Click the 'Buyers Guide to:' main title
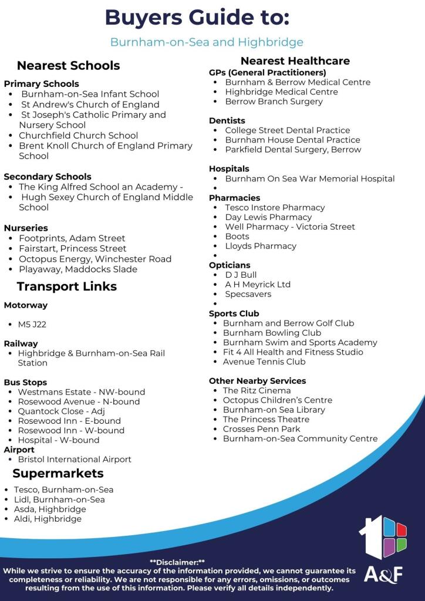pyautogui.click(x=197, y=18)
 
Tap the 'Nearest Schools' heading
pyautogui.click(x=68, y=65)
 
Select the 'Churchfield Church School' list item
pyautogui.click(x=78, y=135)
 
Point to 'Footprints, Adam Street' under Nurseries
pyautogui.click(x=72, y=238)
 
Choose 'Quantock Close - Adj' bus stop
pyautogui.click(x=61, y=411)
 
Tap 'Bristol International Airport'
pyautogui.click(x=75, y=460)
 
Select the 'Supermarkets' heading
pyautogui.click(x=58, y=474)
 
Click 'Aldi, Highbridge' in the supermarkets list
pyautogui.click(x=48, y=519)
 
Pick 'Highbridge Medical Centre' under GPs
pyautogui.click(x=281, y=92)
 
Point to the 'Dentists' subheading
pyautogui.click(x=227, y=120)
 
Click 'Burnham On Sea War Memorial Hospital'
pyautogui.click(x=309, y=178)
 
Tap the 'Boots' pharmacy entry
pyautogui.click(x=237, y=237)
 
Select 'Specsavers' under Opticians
pyautogui.click(x=248, y=294)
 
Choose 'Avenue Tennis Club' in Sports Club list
pyautogui.click(x=264, y=362)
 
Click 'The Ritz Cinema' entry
pyautogui.click(x=257, y=390)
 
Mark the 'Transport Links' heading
pyautogui.click(x=66, y=286)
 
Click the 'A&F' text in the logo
pyautogui.click(x=383, y=574)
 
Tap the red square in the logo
pyautogui.click(x=402, y=529)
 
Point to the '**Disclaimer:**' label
pyautogui.click(x=177, y=562)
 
